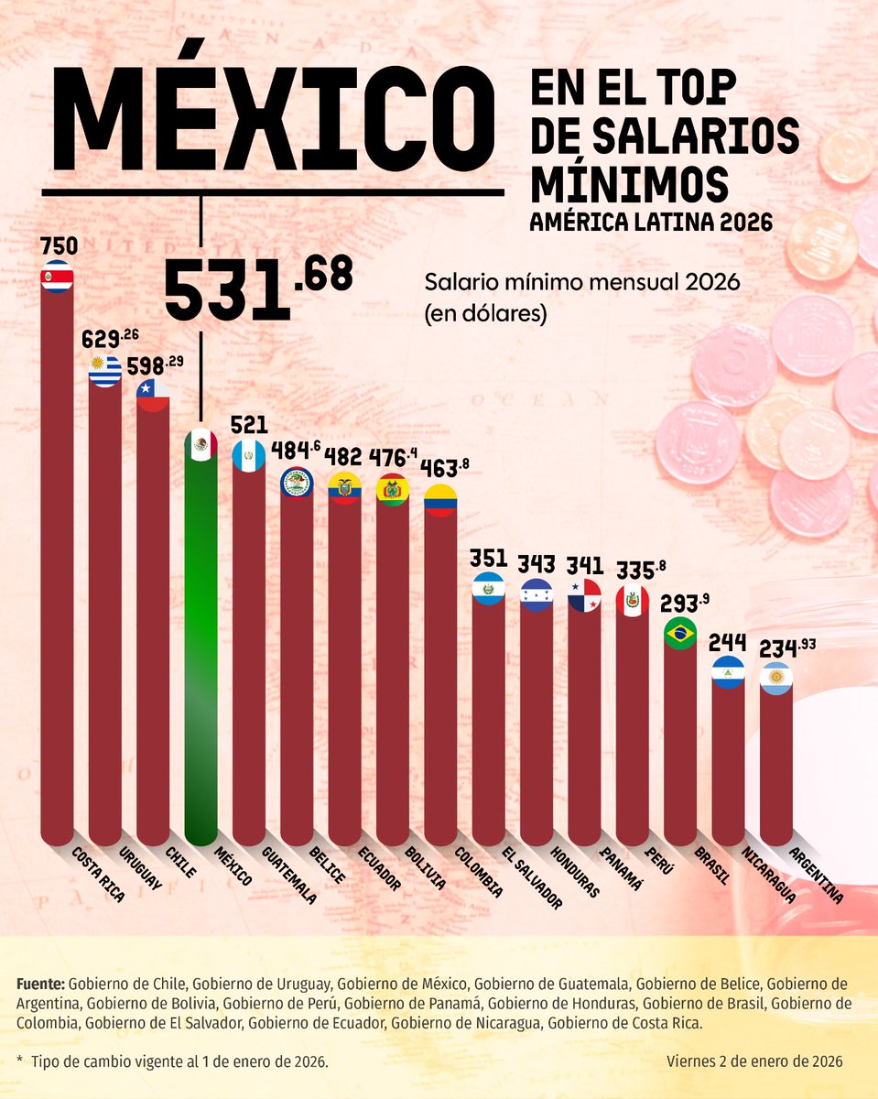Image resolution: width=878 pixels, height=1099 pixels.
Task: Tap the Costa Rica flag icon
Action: coord(57,277)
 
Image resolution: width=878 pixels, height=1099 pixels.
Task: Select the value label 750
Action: coord(58,245)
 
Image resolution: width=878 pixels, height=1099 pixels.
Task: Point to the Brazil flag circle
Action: coord(679,634)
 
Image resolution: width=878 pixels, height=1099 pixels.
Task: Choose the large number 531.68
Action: coord(256,286)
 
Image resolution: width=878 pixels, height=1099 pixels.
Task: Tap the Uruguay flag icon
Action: coord(104,371)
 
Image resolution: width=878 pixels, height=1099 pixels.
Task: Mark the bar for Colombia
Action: coord(439,678)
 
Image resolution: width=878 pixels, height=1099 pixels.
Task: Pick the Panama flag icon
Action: coord(583,595)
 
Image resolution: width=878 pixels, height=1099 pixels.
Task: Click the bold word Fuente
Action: coord(40,984)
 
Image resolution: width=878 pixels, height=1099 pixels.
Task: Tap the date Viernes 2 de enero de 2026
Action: coord(755,1061)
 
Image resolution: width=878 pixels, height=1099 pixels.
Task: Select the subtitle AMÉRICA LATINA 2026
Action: coord(651,223)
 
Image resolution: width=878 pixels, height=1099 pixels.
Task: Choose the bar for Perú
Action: coord(632,724)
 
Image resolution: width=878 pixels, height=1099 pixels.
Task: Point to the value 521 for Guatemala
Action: coord(249,425)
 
